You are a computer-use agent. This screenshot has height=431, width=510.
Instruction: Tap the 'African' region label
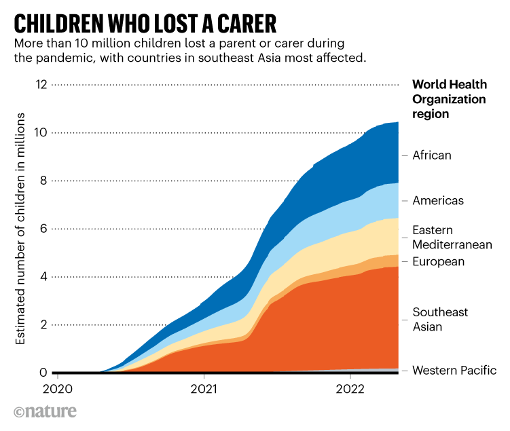click(x=431, y=155)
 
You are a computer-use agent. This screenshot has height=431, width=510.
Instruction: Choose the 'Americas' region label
click(x=438, y=201)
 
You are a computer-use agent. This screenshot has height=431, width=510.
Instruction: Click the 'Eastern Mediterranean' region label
click(x=452, y=238)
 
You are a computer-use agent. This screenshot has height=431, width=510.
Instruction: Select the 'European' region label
click(x=438, y=262)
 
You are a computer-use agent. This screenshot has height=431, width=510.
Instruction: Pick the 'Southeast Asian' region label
click(x=440, y=320)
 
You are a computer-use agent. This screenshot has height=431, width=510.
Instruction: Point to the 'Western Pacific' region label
click(x=454, y=371)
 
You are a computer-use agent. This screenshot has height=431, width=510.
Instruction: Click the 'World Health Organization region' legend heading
click(x=449, y=99)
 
